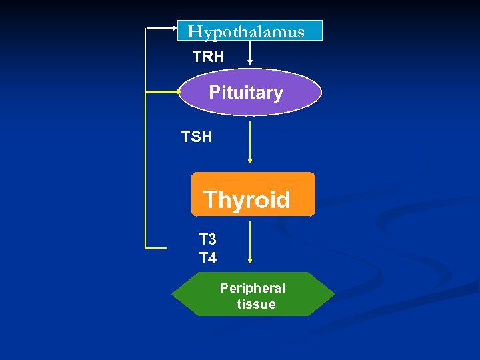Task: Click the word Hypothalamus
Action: click(x=246, y=31)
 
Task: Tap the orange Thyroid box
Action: click(x=253, y=195)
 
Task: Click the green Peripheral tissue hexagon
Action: click(x=253, y=294)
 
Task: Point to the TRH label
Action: click(x=208, y=57)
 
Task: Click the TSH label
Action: click(x=197, y=137)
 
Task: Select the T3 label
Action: click(x=208, y=239)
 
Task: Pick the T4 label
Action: click(x=208, y=258)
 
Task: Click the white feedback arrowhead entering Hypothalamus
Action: click(x=173, y=29)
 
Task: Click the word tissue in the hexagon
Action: click(x=256, y=305)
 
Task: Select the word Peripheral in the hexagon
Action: click(x=253, y=288)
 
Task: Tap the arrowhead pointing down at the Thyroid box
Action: click(x=250, y=161)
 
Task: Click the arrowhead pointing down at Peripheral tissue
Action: click(x=250, y=261)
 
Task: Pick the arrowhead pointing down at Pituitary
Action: click(x=250, y=62)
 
